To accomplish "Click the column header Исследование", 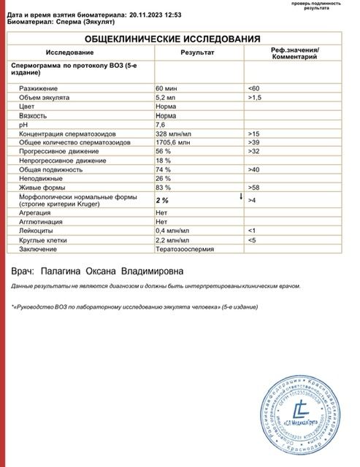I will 69,53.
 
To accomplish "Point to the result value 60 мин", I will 168,88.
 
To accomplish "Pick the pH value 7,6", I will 161,124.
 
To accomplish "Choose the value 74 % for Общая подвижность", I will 164,169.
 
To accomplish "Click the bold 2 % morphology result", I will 163,199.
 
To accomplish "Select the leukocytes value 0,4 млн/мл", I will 172,229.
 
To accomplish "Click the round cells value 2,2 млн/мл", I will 172,238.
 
